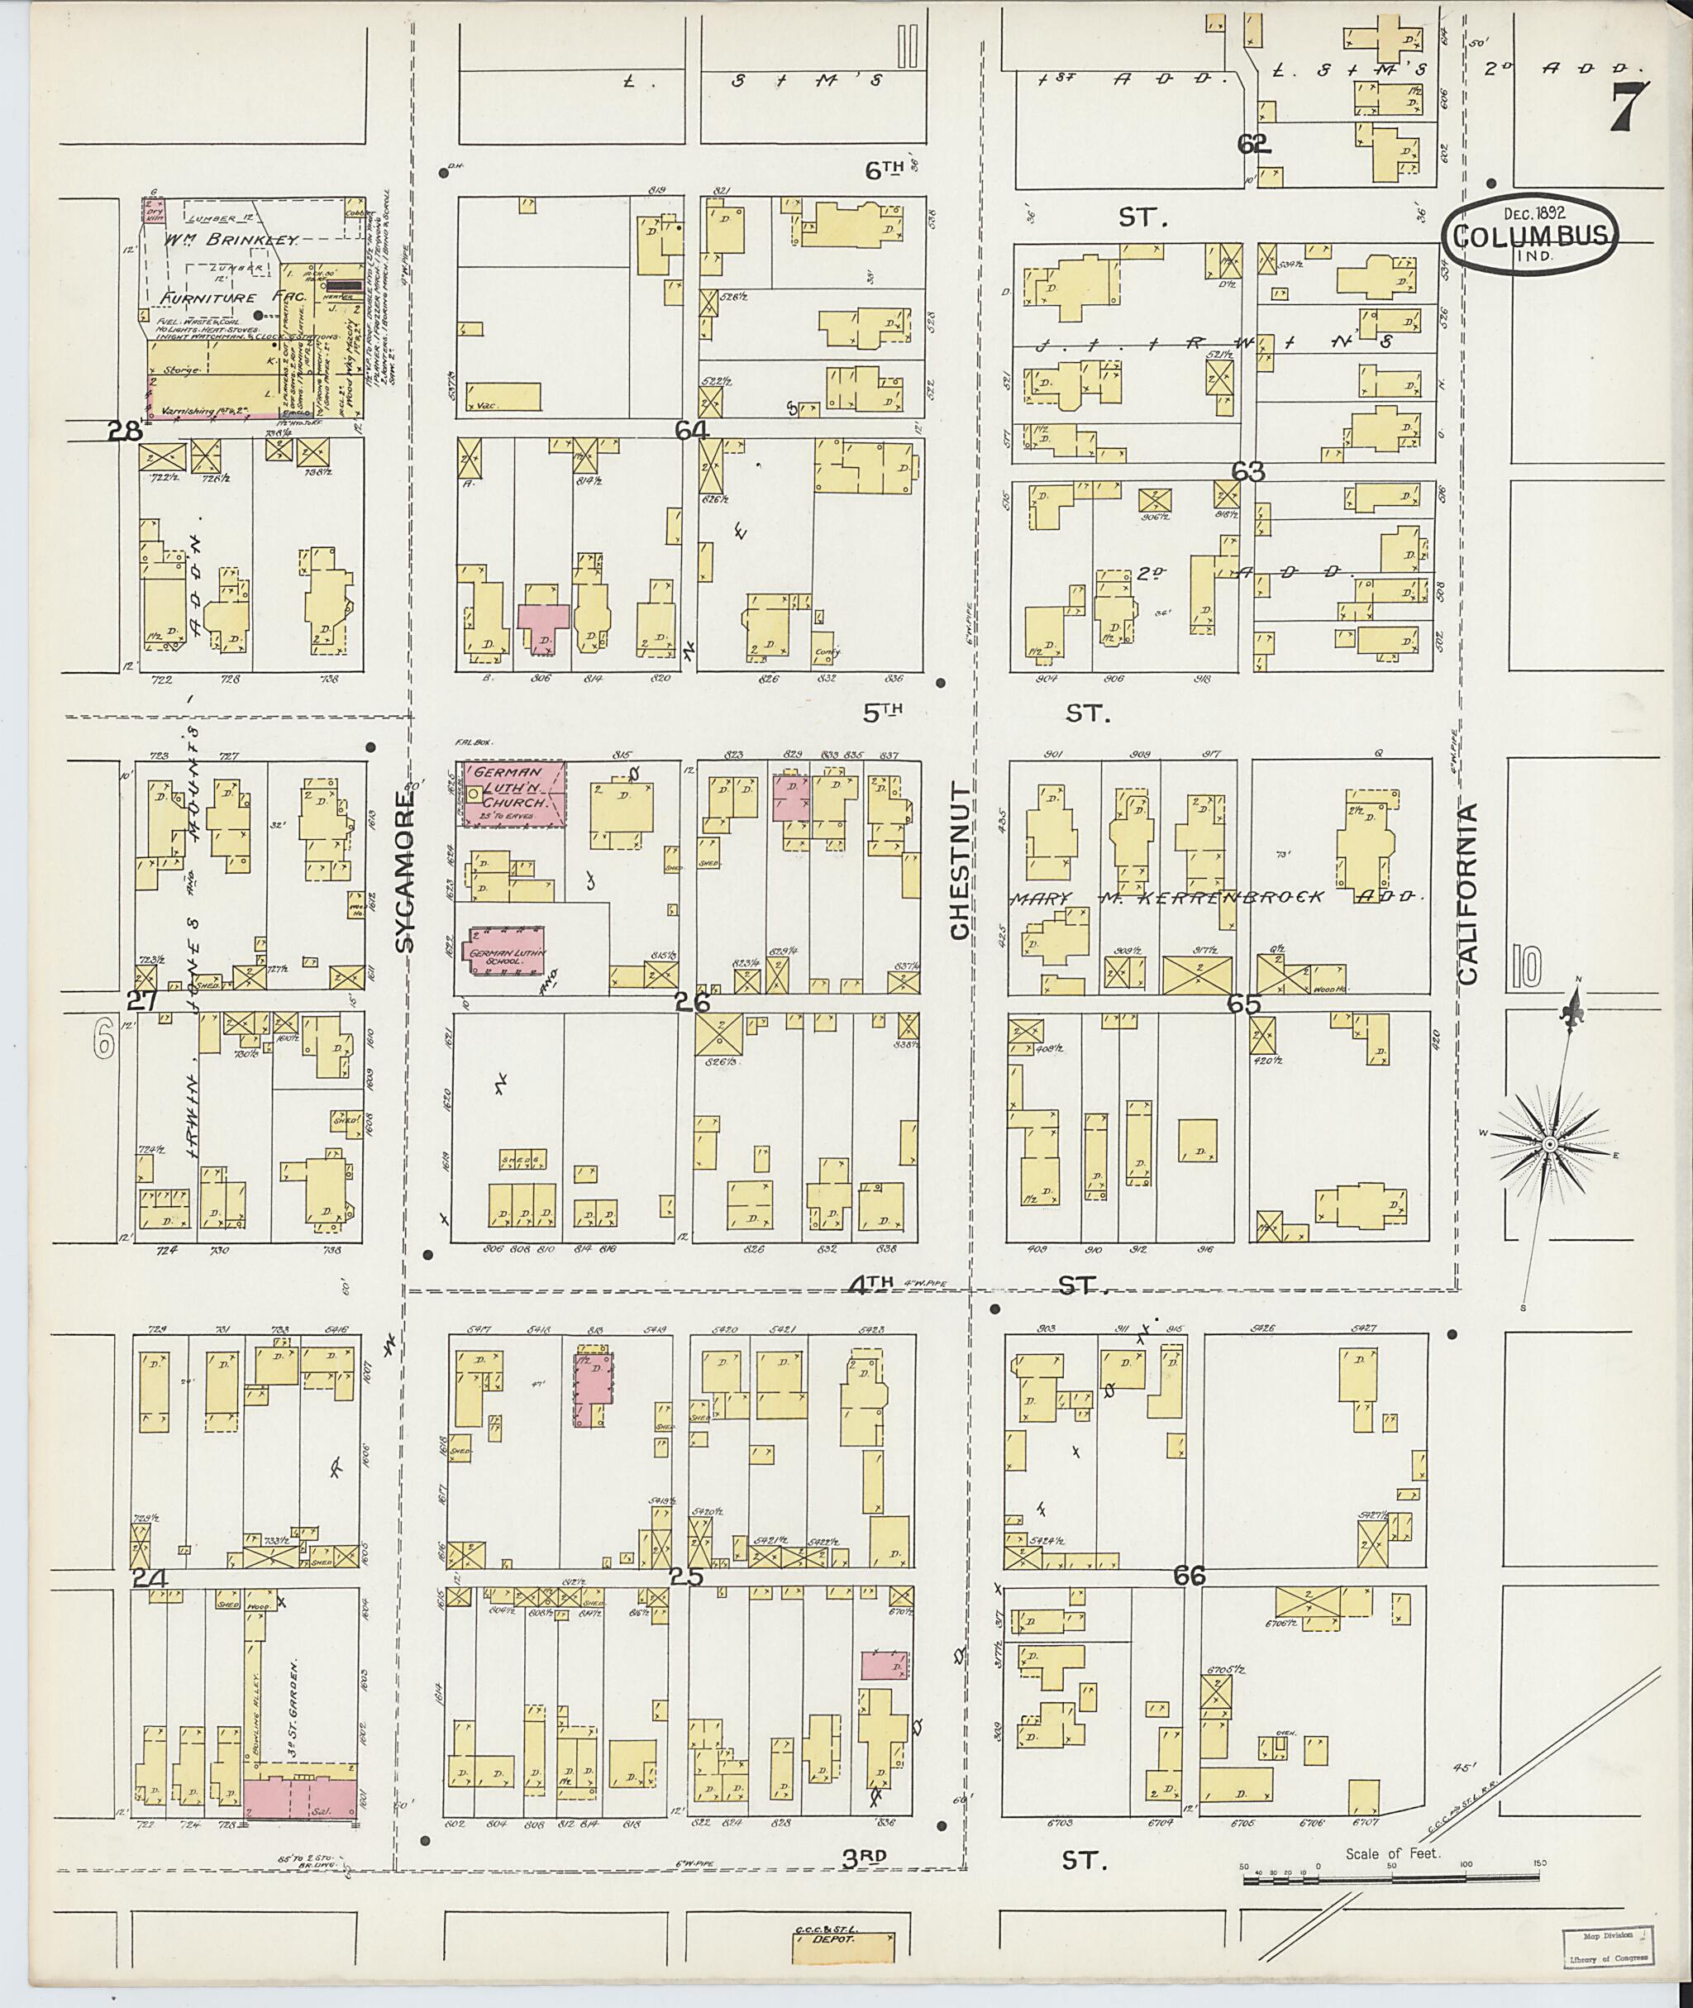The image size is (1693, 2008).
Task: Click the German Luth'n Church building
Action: (x=514, y=794)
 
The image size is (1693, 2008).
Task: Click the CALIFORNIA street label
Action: (x=1468, y=893)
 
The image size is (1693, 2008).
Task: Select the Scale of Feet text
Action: (x=1391, y=1853)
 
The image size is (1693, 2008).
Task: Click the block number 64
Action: (x=690, y=431)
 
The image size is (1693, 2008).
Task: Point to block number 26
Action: (x=691, y=1002)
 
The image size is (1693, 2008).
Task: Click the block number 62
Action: (x=1253, y=144)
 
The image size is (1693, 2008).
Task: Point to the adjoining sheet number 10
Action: (x=1525, y=967)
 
